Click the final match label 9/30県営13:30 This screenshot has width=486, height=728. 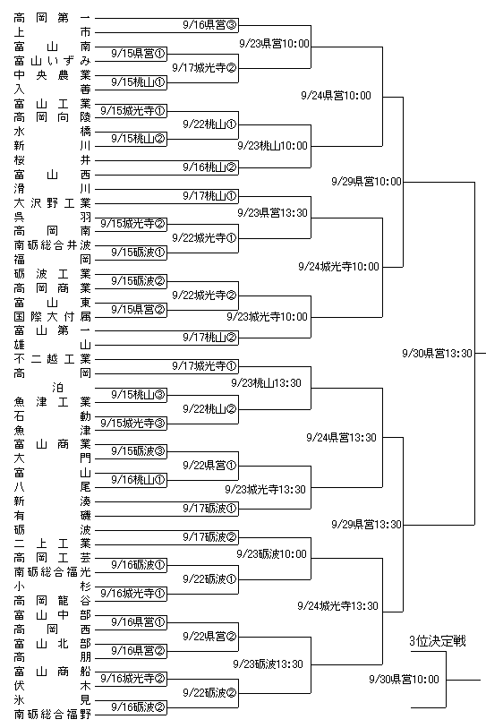click(x=437, y=354)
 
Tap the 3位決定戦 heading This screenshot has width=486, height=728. click(x=438, y=641)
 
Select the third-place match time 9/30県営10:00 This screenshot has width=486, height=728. click(x=404, y=680)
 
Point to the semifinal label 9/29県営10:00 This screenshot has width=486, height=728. click(x=366, y=181)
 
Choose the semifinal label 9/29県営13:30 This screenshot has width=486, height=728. click(x=366, y=524)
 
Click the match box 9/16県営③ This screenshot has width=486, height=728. click(x=209, y=24)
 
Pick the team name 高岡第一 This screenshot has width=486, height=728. click(x=52, y=18)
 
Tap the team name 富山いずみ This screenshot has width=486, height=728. click(x=52, y=60)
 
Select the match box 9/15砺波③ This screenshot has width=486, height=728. click(x=139, y=450)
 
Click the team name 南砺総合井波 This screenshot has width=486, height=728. click(x=52, y=245)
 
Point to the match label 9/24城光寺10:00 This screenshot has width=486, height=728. click(x=338, y=267)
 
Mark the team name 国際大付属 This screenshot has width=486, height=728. click(x=52, y=317)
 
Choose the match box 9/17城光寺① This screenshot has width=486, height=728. click(x=205, y=366)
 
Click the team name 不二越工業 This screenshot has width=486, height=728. click(x=52, y=359)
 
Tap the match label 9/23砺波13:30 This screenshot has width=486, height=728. click(x=268, y=664)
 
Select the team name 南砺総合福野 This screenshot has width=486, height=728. click(x=52, y=714)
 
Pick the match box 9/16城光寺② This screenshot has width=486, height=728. click(x=133, y=679)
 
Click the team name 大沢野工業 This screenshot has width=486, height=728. click(x=52, y=203)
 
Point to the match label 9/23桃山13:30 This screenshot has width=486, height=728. click(x=266, y=383)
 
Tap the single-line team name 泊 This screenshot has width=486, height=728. click(x=57, y=387)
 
